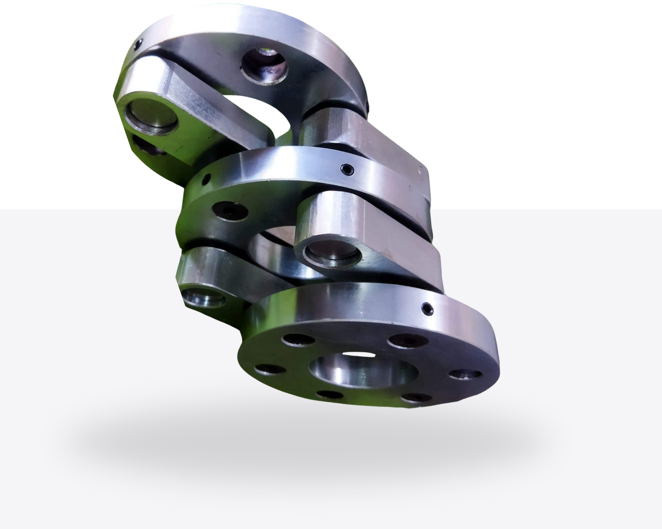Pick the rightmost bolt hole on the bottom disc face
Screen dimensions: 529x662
coord(465,374)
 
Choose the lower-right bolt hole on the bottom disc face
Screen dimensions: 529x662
coord(417,398)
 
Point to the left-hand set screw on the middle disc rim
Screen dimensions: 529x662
coord(205,180)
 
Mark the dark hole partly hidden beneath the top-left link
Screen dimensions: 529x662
coord(150,147)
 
